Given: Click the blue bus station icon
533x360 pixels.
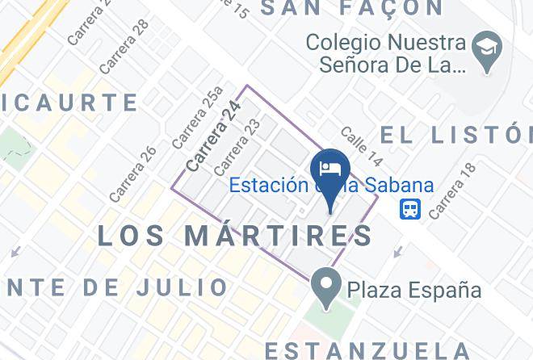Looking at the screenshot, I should coord(410,209).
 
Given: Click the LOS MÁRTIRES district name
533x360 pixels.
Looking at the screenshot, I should coord(234,236).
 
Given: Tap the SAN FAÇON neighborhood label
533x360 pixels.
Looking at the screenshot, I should coord(352,9).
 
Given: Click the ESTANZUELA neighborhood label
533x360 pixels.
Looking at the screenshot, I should coord(367,350).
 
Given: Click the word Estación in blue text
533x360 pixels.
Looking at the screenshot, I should coord(268,185).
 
